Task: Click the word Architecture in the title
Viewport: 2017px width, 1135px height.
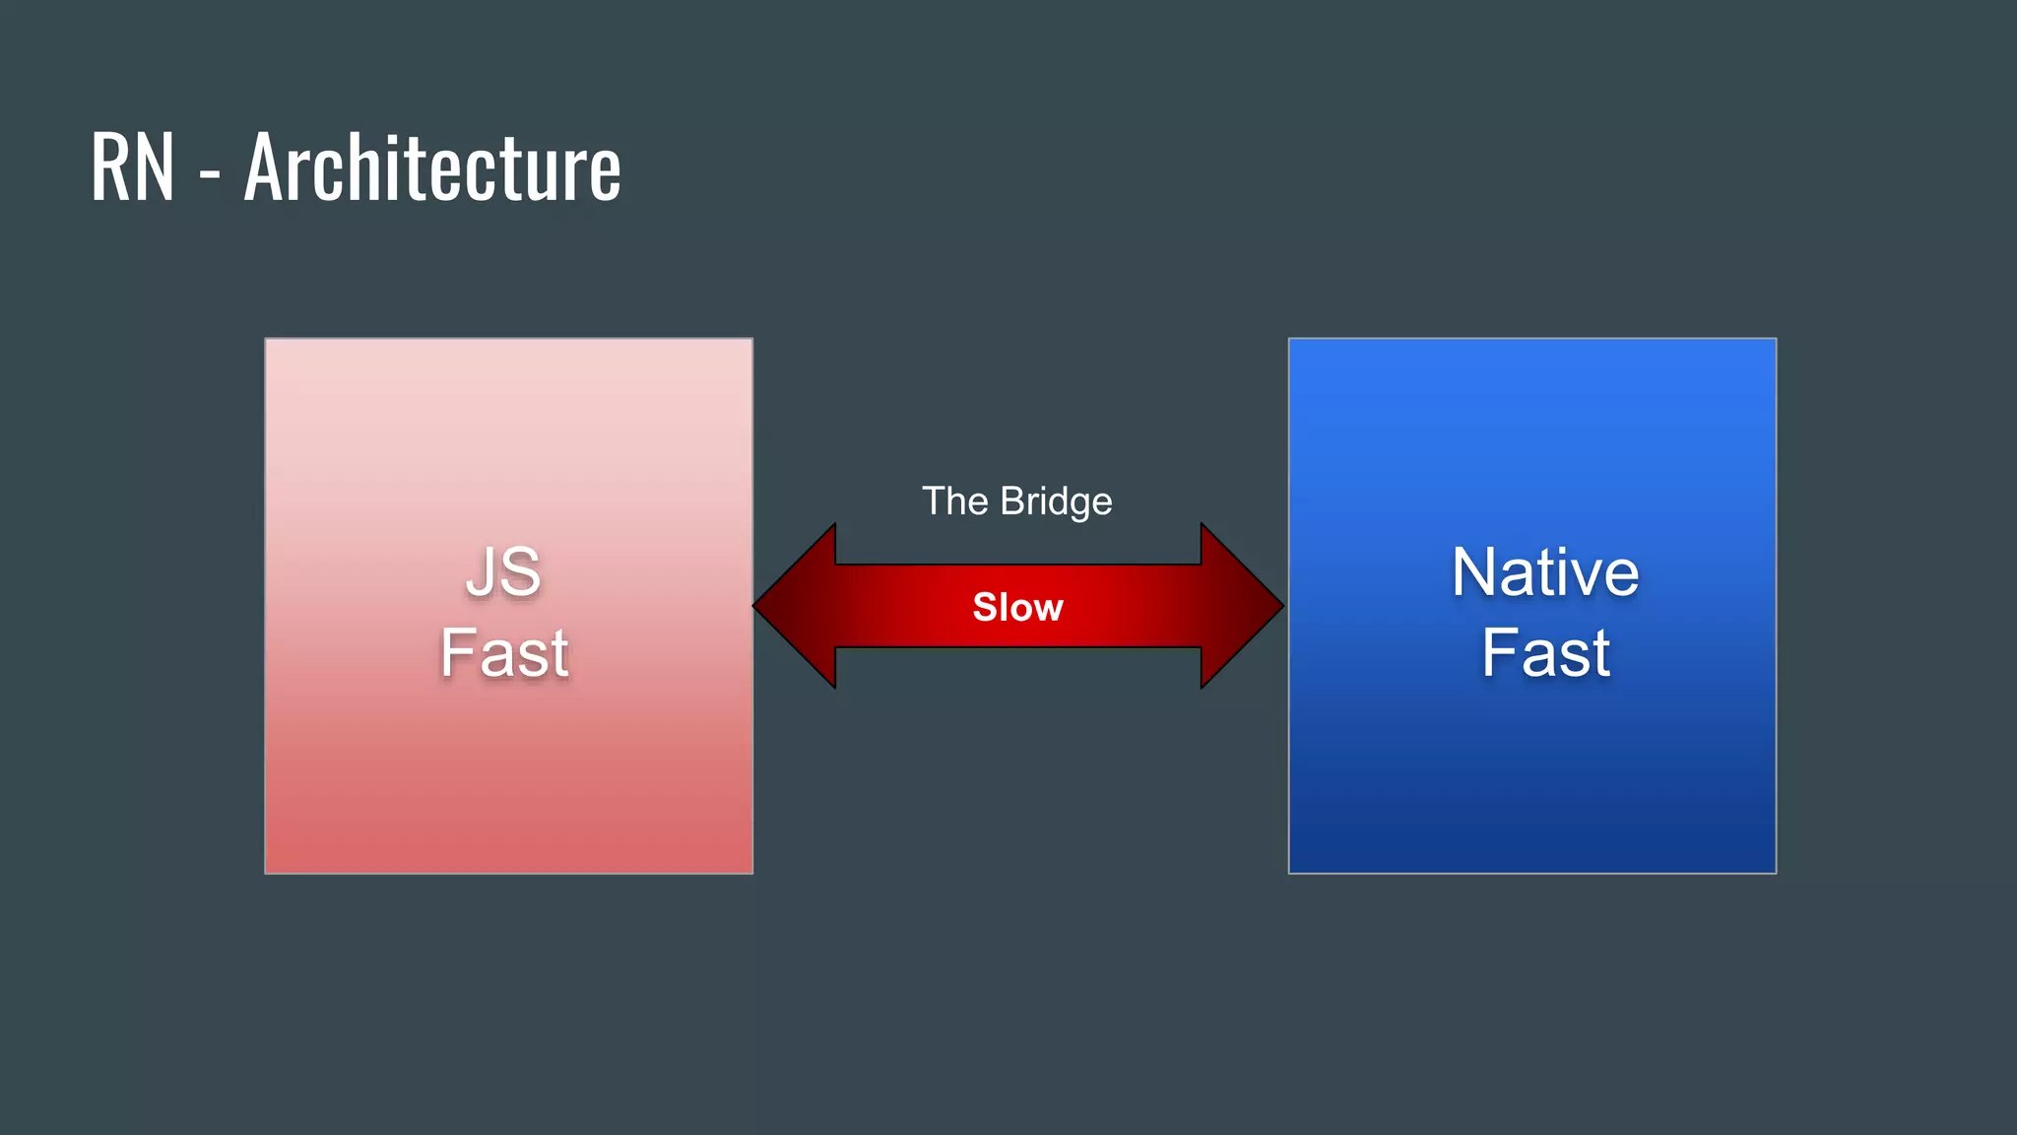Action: [432, 167]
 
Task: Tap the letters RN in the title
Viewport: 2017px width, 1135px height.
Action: [132, 167]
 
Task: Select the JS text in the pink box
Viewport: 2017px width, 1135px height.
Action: [503, 571]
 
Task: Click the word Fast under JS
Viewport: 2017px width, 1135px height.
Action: [504, 652]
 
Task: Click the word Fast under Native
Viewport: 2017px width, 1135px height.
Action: [1545, 652]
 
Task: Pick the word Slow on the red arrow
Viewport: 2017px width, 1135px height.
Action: [1017, 607]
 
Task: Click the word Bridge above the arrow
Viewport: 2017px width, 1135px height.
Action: [1056, 501]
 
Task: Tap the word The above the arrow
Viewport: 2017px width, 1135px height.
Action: [954, 501]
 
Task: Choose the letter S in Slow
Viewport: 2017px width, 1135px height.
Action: [985, 607]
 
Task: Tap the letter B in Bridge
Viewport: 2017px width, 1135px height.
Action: [1012, 501]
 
